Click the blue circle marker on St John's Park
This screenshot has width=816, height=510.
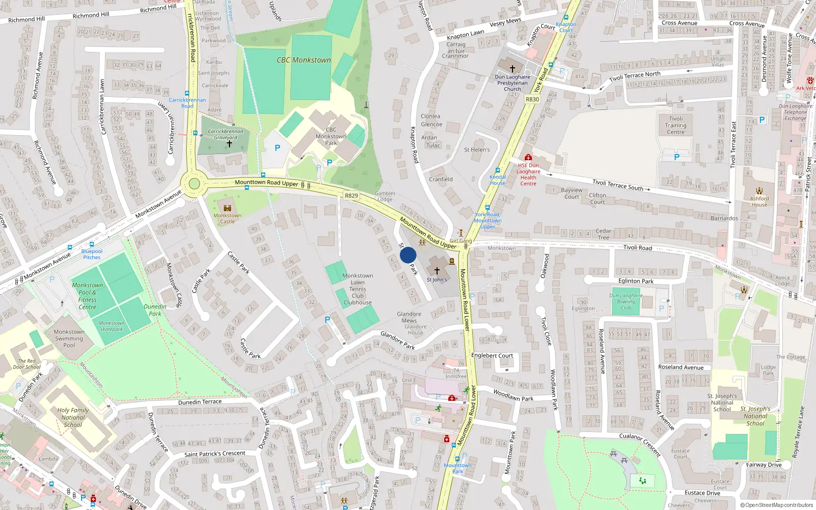[x=408, y=255]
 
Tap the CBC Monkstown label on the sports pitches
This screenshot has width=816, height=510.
[x=303, y=60]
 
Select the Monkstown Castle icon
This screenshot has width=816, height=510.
[x=227, y=208]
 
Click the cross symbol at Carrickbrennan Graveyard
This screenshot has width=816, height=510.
[x=229, y=144]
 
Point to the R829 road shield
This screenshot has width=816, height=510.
[x=351, y=196]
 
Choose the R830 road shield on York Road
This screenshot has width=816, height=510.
[x=532, y=99]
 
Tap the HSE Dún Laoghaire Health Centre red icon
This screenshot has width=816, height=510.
[x=528, y=158]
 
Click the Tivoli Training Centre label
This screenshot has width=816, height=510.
[x=676, y=125]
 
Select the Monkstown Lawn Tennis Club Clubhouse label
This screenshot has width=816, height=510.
[x=358, y=289]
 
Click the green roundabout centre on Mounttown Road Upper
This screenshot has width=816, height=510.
[x=194, y=184]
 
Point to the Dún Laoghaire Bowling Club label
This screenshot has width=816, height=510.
[x=626, y=301]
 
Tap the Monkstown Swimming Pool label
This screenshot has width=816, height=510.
[x=69, y=338]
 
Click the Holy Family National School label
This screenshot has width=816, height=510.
[x=73, y=417]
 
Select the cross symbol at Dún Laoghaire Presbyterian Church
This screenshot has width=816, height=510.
[x=513, y=69]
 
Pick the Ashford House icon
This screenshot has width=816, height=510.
[x=759, y=191]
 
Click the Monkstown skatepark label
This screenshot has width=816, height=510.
[x=111, y=326]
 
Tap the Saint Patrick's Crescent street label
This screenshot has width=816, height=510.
[x=215, y=453]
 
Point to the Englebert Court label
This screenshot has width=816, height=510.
[x=492, y=355]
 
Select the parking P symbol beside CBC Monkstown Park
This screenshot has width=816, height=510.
[x=277, y=148]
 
